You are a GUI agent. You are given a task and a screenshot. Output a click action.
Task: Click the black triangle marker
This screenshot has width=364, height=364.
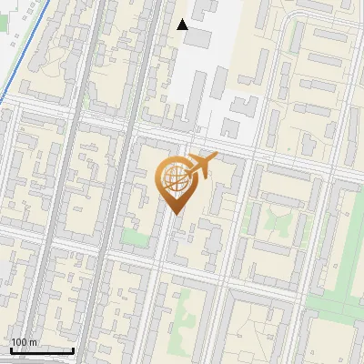point(182,24)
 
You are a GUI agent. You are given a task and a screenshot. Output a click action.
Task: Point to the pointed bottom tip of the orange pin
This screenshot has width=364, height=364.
point(176,215)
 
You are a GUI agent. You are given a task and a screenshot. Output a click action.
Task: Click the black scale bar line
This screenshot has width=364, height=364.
point(42,351)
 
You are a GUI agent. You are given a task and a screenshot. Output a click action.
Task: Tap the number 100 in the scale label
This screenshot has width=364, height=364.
point(20,343)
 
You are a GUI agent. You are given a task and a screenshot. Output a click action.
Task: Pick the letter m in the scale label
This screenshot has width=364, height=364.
point(34,343)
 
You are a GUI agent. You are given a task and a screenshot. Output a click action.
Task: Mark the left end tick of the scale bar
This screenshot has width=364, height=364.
point(11,349)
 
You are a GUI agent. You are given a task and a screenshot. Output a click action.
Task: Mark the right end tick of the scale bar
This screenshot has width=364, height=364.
point(74,349)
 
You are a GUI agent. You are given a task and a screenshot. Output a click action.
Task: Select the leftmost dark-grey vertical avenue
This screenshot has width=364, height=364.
point(55,182)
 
